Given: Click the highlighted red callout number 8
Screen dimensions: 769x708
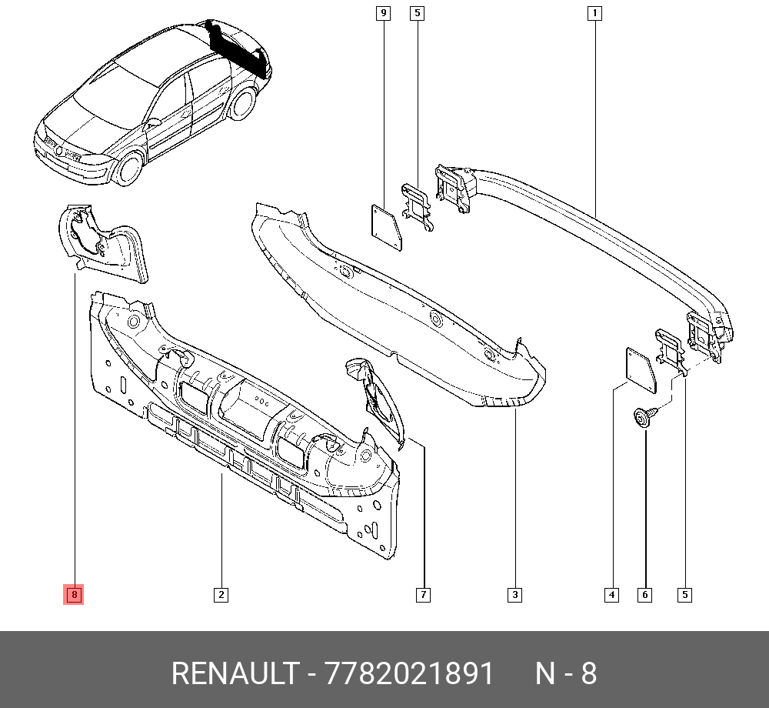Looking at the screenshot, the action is [x=74, y=595].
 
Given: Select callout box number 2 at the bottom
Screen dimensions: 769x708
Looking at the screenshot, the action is [x=221, y=595].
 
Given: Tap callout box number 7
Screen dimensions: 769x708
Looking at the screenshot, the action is [x=423, y=595].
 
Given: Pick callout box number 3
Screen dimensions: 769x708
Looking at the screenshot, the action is [x=514, y=595].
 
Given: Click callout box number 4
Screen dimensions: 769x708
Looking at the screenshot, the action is [x=611, y=595].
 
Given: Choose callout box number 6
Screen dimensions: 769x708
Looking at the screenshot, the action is [x=644, y=595].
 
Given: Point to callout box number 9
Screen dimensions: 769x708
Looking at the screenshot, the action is [x=383, y=13].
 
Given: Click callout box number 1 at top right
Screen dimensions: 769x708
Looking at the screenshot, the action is [x=594, y=13].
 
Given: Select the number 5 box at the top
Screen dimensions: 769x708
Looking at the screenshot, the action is [x=417, y=13].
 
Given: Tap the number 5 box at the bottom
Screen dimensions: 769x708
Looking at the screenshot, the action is [x=684, y=595].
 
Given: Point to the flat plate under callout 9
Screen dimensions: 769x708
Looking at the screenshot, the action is [x=387, y=228].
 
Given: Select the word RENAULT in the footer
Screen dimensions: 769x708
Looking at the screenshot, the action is [x=235, y=673].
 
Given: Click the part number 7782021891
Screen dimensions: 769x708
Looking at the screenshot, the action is [x=409, y=673].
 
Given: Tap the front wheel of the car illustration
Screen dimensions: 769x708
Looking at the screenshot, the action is [x=129, y=168].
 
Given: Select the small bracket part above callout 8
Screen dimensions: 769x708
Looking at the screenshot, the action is [x=104, y=245].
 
